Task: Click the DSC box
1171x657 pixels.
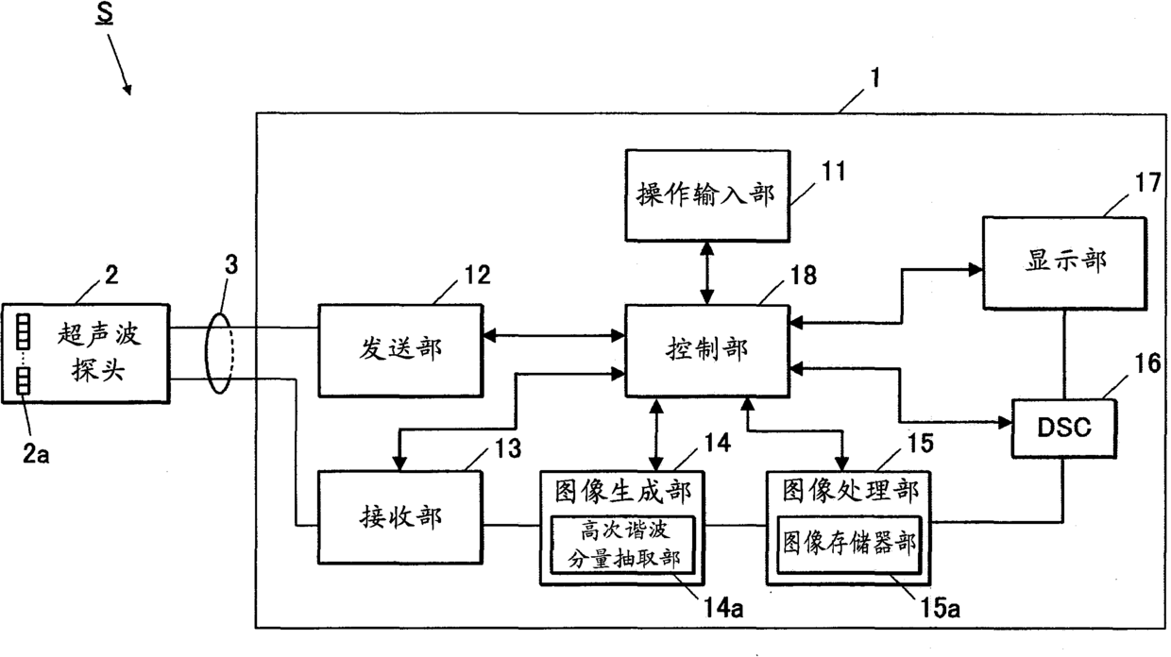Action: click(x=1064, y=429)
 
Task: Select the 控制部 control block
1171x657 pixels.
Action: click(x=707, y=351)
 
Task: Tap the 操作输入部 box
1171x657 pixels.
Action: click(x=707, y=195)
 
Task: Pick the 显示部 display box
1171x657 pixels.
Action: click(x=1065, y=263)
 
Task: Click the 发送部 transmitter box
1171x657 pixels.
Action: click(x=400, y=351)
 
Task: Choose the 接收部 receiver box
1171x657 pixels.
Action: click(x=400, y=517)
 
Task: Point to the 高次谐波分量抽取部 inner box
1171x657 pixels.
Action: click(x=623, y=546)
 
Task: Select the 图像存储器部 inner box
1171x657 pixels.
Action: click(x=849, y=546)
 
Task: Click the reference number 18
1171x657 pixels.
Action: click(x=803, y=276)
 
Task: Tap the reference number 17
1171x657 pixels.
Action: click(x=1148, y=183)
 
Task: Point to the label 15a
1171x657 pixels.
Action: click(x=940, y=608)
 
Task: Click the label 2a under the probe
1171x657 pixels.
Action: click(x=36, y=454)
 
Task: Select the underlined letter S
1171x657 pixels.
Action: click(x=105, y=14)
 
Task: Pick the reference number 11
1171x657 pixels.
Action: click(x=834, y=172)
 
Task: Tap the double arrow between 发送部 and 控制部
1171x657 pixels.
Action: click(x=554, y=335)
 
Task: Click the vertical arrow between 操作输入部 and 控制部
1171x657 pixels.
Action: click(x=707, y=274)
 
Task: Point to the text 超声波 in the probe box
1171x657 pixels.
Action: click(x=99, y=334)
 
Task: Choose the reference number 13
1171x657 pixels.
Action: click(x=508, y=448)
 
